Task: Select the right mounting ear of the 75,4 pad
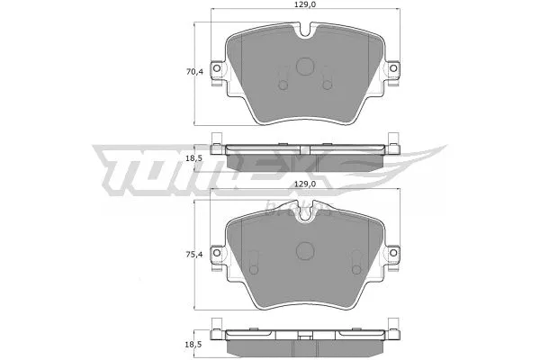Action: (395, 254)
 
